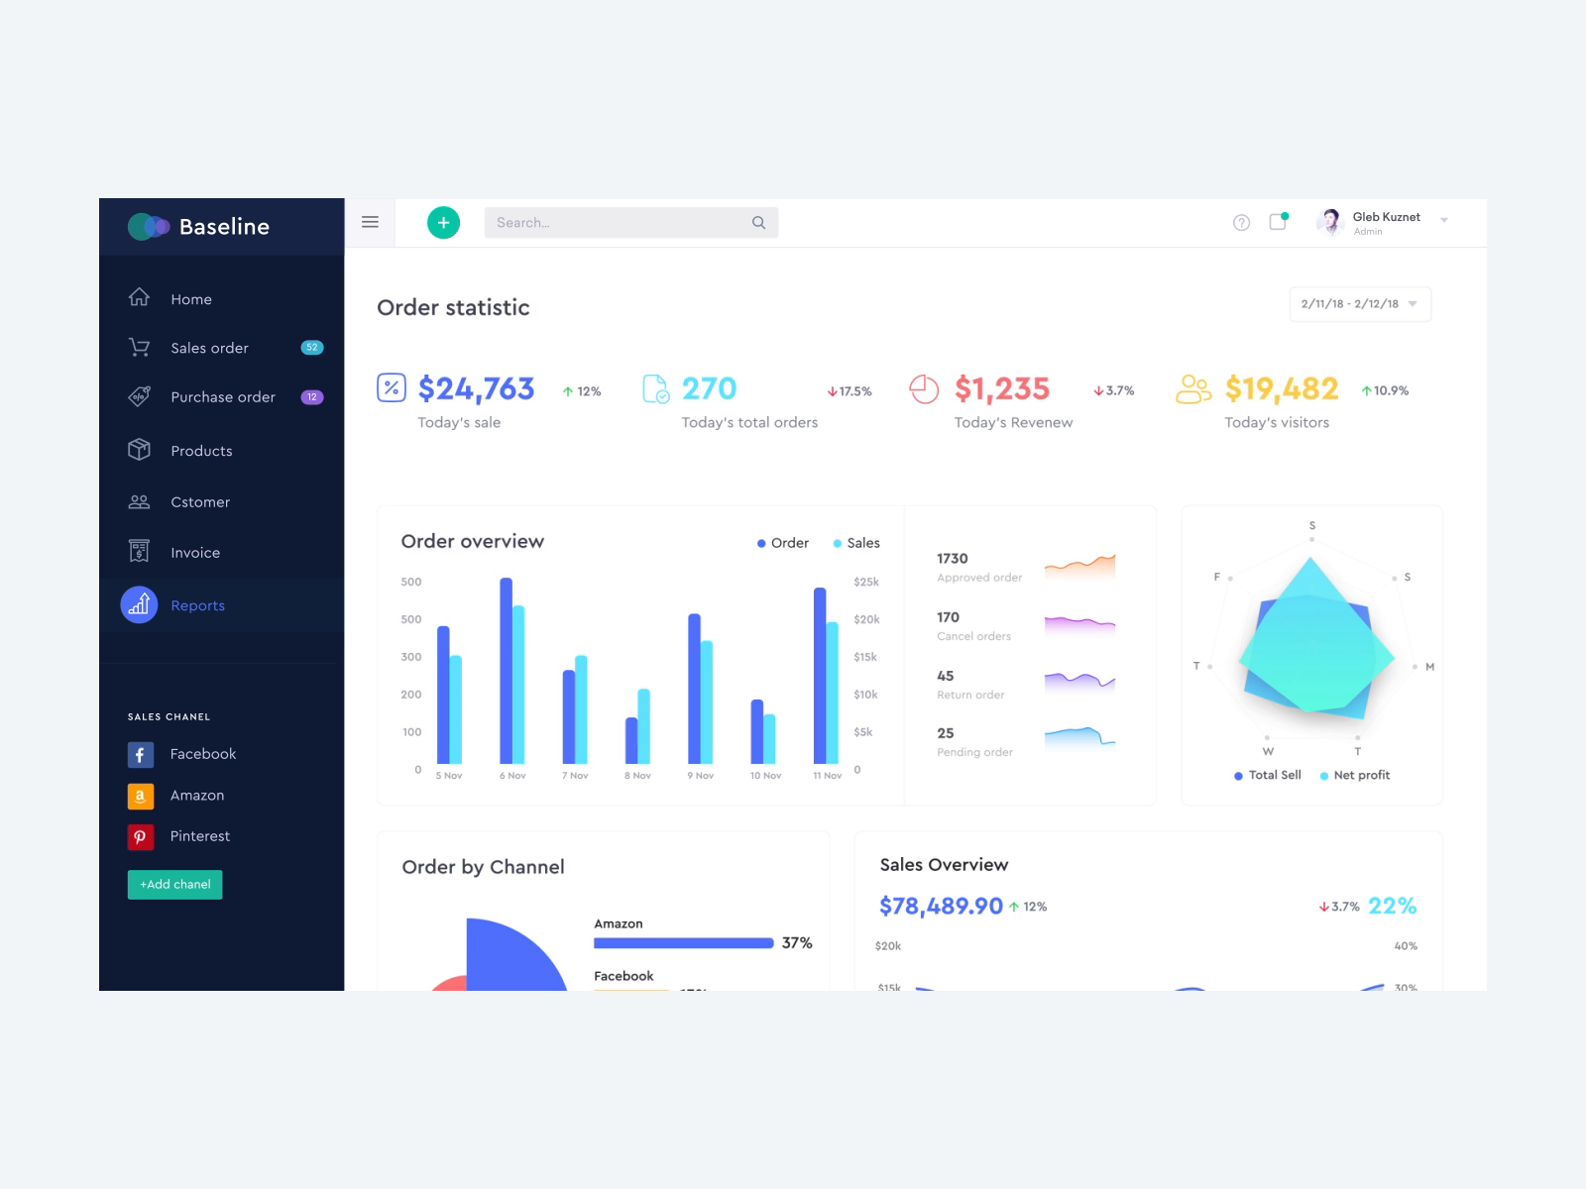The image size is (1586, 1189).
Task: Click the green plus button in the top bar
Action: [443, 223]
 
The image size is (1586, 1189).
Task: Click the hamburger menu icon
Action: [370, 222]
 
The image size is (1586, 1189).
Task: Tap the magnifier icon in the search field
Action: [758, 223]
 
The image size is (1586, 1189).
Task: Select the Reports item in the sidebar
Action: [196, 605]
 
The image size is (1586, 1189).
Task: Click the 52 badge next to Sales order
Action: [311, 348]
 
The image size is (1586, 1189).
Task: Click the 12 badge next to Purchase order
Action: [311, 397]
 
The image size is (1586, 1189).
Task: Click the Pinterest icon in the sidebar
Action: [140, 836]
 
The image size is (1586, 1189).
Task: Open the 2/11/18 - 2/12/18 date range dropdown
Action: [1360, 304]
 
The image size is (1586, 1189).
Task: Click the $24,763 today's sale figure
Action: [476, 388]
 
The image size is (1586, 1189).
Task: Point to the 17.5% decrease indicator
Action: [850, 391]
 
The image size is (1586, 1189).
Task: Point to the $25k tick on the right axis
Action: [865, 582]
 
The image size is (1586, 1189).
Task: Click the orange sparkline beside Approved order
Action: [1079, 566]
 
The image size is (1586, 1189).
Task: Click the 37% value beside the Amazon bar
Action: [796, 943]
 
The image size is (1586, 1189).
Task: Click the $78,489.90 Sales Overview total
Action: [941, 906]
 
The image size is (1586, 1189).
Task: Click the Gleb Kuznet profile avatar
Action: [1330, 221]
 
